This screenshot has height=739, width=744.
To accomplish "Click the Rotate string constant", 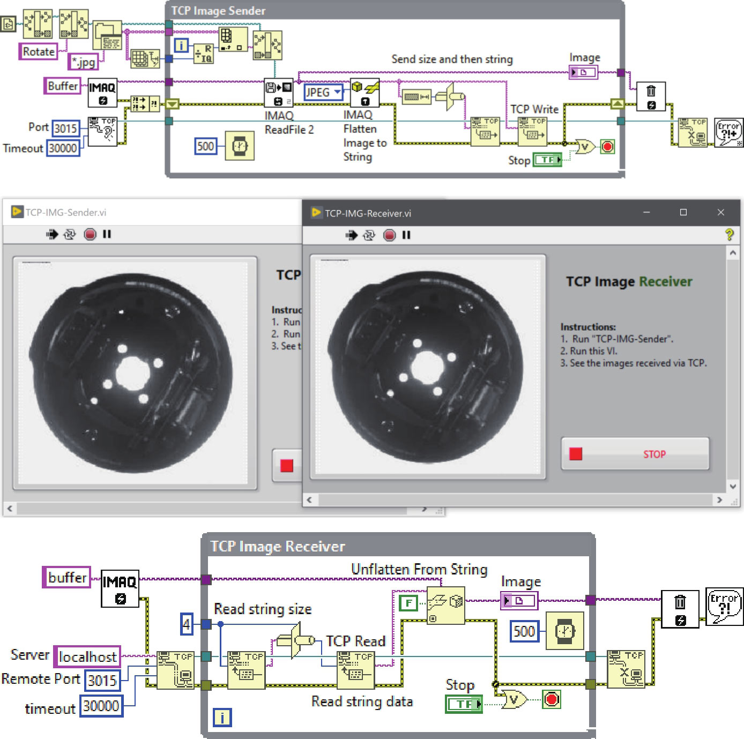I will pyautogui.click(x=39, y=51).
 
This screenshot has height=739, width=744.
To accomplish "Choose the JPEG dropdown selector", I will pyautogui.click(x=323, y=92).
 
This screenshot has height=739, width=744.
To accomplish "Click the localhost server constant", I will pyautogui.click(x=87, y=656).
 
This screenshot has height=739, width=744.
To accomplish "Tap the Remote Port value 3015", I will pyautogui.click(x=102, y=680).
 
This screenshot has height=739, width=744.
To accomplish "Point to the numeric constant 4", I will pyautogui.click(x=186, y=624).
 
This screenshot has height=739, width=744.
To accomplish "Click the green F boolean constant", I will pyautogui.click(x=408, y=603).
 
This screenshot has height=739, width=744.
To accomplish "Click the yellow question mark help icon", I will pyautogui.click(x=729, y=234).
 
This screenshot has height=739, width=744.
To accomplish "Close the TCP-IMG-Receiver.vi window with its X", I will pyautogui.click(x=720, y=212).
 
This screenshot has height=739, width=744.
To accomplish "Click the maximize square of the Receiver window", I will pyautogui.click(x=683, y=212).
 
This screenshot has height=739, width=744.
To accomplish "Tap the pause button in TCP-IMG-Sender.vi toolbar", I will pyautogui.click(x=107, y=234).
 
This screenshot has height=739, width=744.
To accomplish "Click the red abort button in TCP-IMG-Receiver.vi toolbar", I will pyautogui.click(x=390, y=235).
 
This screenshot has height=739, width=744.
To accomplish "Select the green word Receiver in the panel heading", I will pyautogui.click(x=665, y=281).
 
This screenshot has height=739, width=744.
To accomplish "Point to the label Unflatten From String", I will pyautogui.click(x=419, y=569).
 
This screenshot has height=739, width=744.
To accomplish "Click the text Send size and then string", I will pyautogui.click(x=452, y=59).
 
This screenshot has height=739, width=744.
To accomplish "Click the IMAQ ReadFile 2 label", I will pyautogui.click(x=288, y=123).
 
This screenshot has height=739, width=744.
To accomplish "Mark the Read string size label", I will pyautogui.click(x=263, y=609).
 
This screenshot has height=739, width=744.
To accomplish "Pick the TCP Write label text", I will pyautogui.click(x=534, y=109).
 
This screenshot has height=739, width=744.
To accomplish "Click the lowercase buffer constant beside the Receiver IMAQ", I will pyautogui.click(x=67, y=577).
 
